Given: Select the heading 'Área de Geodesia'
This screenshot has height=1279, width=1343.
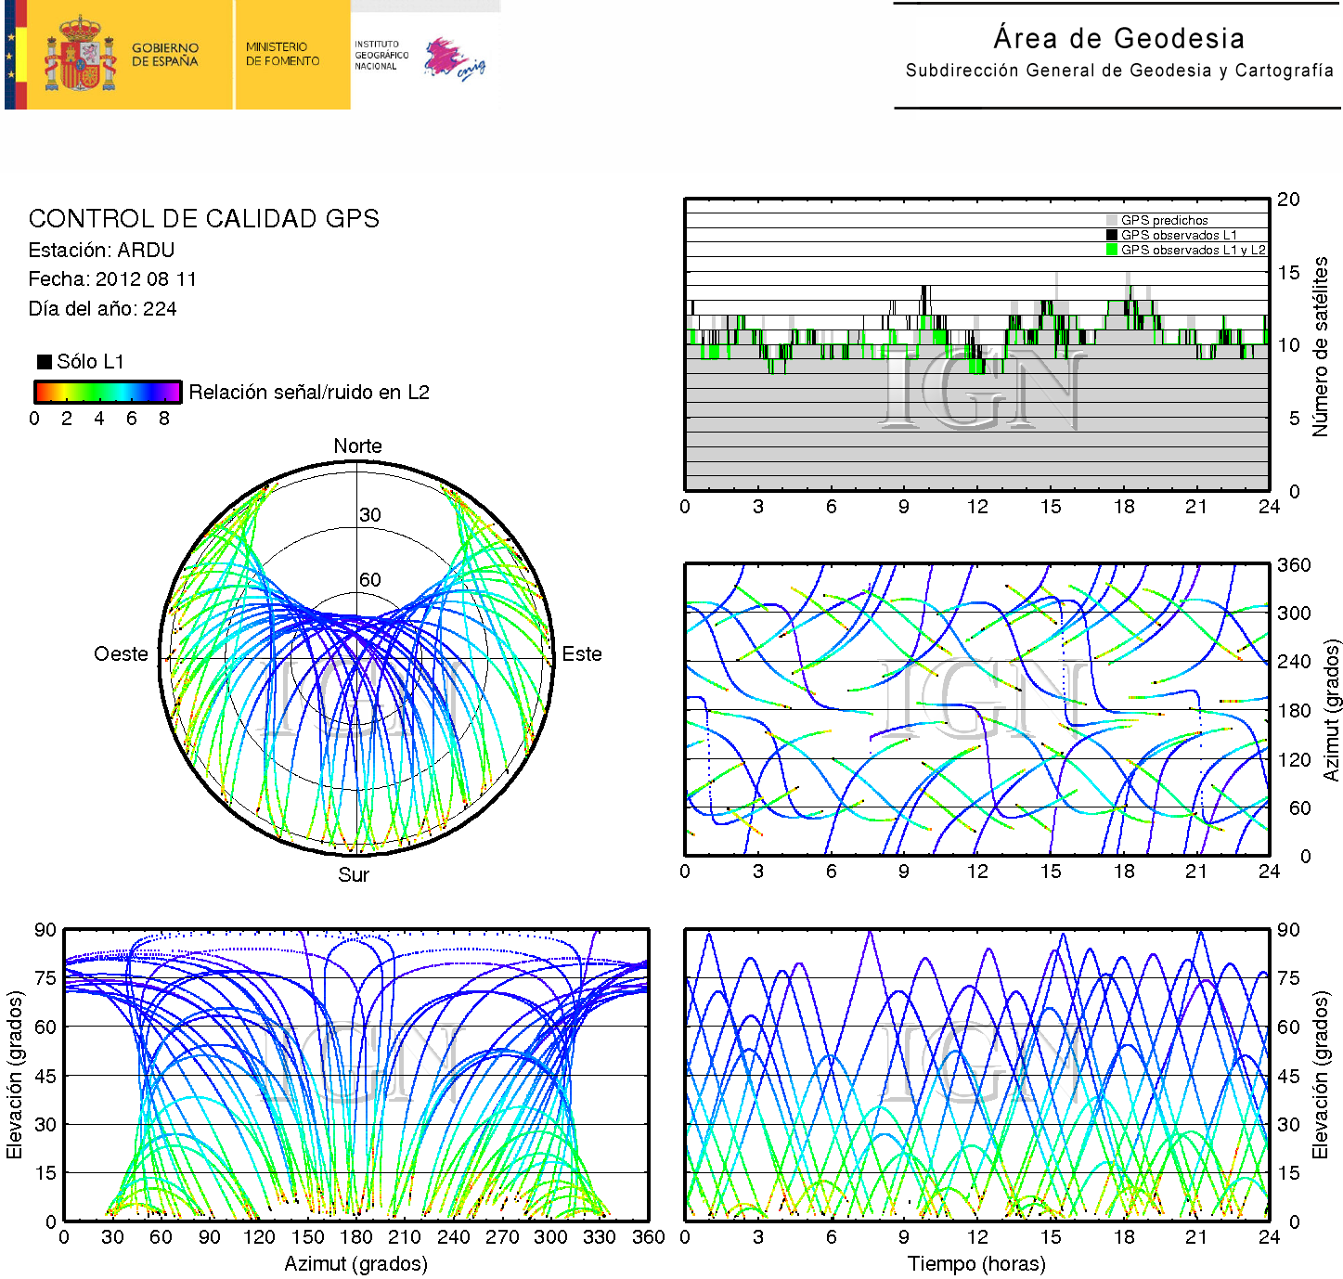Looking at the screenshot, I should (1118, 39).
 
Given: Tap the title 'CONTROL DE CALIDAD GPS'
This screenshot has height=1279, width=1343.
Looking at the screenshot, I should (203, 219).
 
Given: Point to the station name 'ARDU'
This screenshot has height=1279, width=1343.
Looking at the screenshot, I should (146, 251).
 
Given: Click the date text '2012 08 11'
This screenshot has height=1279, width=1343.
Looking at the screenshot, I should (146, 279).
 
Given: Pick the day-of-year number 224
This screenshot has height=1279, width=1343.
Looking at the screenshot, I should (160, 309).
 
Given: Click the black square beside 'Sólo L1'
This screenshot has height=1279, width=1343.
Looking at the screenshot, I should (44, 362).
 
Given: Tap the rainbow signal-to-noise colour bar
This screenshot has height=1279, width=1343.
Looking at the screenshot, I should (107, 392).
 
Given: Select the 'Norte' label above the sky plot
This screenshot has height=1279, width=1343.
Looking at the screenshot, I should (357, 446).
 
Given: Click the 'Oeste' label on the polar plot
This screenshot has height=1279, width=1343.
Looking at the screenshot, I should (121, 654).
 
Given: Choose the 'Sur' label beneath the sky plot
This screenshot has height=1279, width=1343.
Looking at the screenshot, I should (354, 875).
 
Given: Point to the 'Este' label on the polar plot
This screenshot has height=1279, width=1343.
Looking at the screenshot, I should (582, 654).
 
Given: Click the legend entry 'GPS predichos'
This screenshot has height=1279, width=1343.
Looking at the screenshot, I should (1164, 221).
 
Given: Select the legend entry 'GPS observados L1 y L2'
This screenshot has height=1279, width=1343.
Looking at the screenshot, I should (1192, 250).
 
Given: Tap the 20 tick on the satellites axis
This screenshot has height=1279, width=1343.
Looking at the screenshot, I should (1288, 200).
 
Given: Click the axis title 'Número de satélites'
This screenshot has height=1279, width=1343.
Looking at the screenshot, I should (1320, 346).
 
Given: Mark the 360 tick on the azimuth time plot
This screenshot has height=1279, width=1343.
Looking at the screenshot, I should (1294, 565).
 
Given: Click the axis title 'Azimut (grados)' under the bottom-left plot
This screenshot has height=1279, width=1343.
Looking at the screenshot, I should (355, 1264).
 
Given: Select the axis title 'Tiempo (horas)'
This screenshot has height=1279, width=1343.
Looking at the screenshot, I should (976, 1264).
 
